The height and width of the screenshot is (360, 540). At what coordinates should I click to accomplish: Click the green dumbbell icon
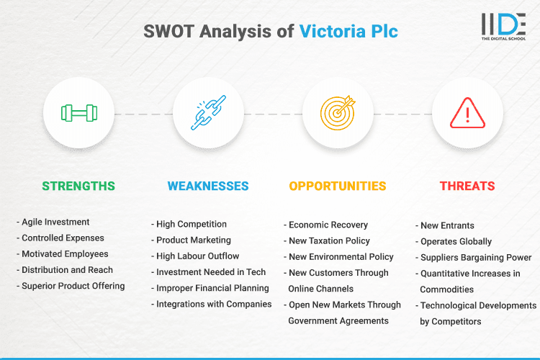78,113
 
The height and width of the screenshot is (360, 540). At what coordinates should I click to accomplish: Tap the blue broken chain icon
208,113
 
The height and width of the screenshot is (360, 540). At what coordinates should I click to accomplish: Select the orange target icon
338,113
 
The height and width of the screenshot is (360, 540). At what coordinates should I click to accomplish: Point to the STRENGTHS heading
78,186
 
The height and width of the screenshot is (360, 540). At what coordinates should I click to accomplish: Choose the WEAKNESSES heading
208,186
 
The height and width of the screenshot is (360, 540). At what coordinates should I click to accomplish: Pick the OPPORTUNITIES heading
338,186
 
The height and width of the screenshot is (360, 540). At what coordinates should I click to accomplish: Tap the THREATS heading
467,186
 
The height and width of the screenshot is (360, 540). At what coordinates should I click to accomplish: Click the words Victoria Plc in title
348,32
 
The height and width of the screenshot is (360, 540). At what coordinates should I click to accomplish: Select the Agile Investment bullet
55,222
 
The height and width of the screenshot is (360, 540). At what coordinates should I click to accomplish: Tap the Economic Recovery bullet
328,225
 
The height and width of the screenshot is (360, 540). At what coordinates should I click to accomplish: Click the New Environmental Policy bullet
341,256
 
